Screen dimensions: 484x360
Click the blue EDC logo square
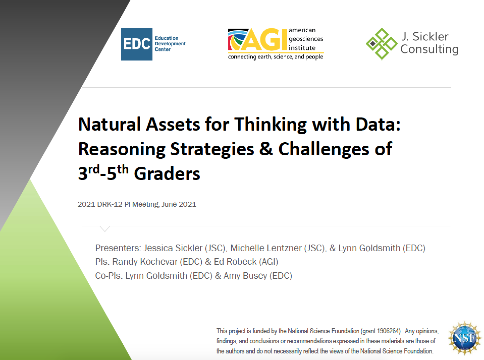click(x=137, y=44)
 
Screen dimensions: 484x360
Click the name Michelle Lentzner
click(x=266, y=248)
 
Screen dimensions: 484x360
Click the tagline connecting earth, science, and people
click(x=276, y=57)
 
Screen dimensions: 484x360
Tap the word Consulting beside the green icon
click(x=429, y=49)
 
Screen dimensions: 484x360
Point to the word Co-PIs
click(x=109, y=276)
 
